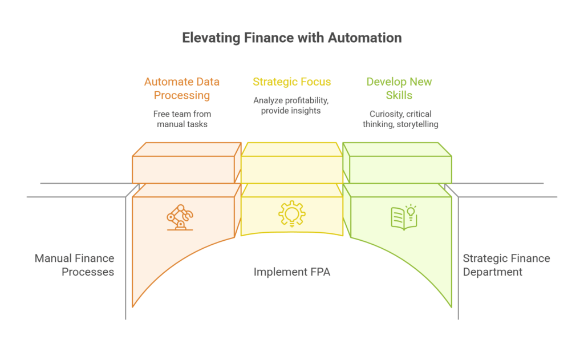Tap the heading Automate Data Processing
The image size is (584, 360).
pyautogui.click(x=182, y=88)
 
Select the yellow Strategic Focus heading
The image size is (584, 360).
pyautogui.click(x=291, y=82)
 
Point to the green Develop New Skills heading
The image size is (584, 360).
pyautogui.click(x=399, y=88)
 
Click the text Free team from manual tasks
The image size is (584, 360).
pyautogui.click(x=182, y=119)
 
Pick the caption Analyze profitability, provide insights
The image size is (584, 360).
pyautogui.click(x=291, y=106)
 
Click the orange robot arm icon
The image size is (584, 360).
pyautogui.click(x=180, y=217)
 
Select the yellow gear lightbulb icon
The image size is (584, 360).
pyautogui.click(x=291, y=215)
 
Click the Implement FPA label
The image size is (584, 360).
pyautogui.click(x=291, y=272)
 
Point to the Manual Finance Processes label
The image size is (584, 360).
pyautogui.click(x=74, y=265)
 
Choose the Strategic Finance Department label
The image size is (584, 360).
pyautogui.click(x=506, y=265)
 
